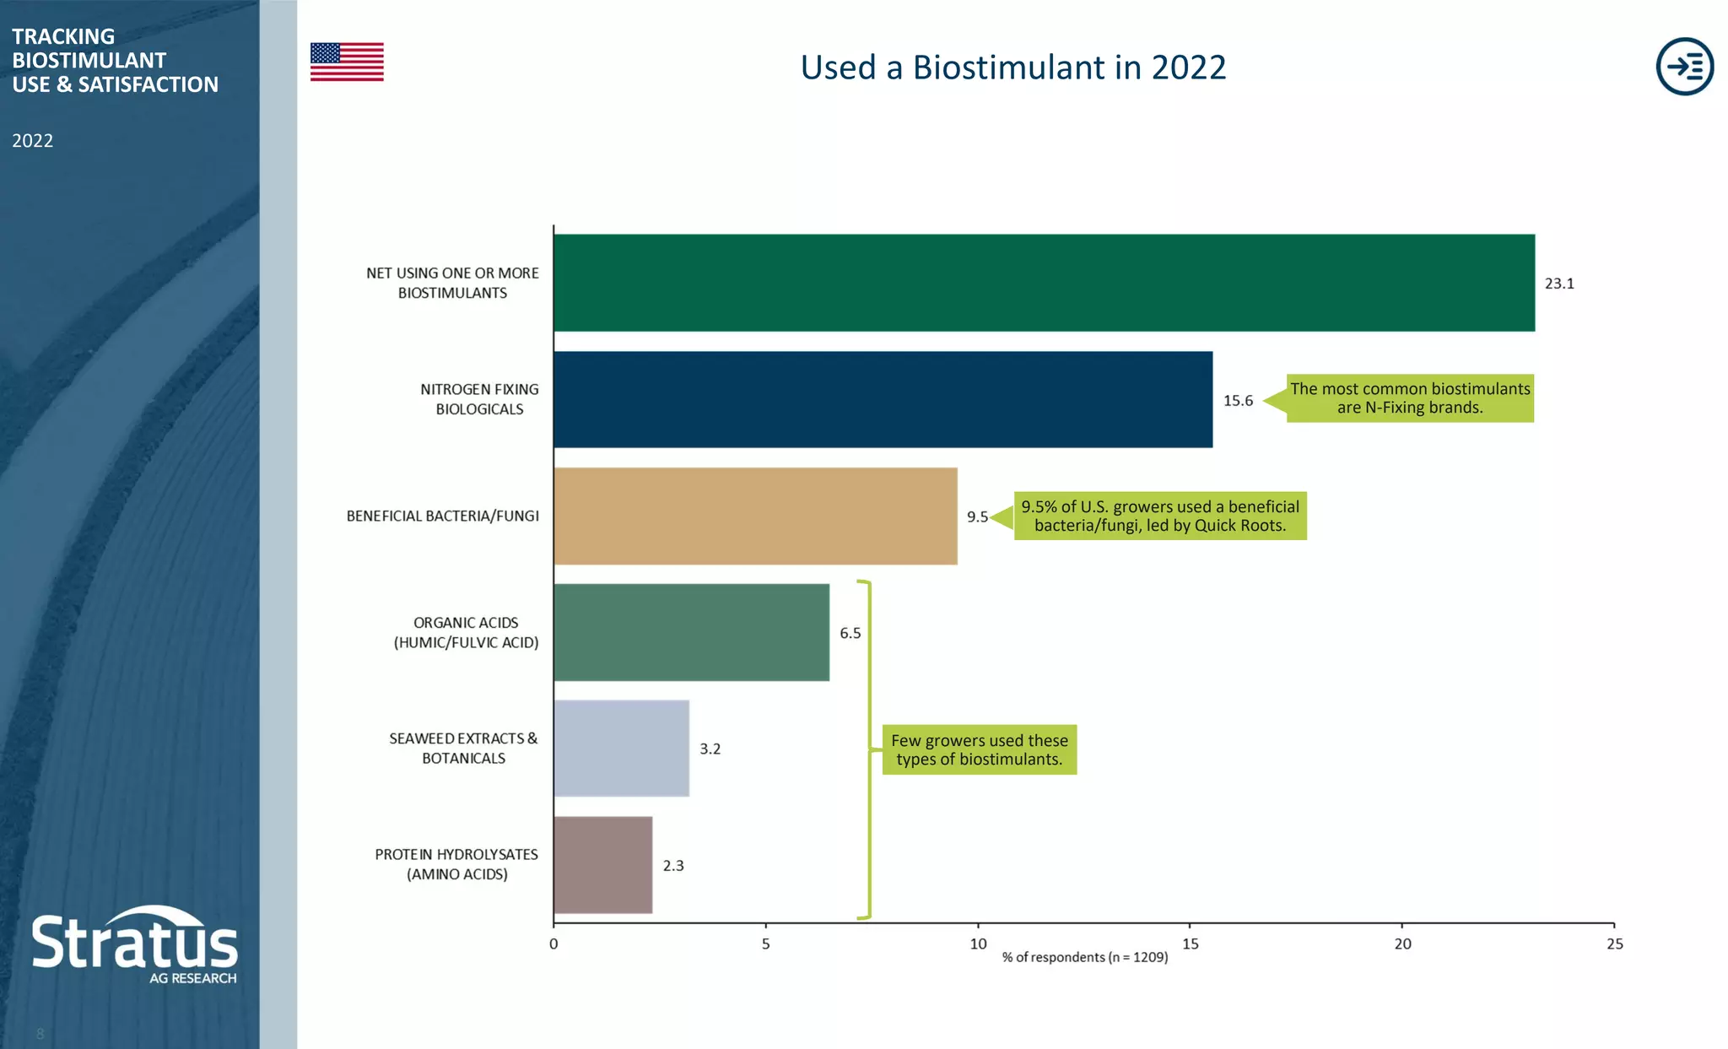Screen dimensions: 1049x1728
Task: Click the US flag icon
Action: [x=347, y=62]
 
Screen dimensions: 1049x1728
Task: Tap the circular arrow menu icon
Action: [x=1684, y=66]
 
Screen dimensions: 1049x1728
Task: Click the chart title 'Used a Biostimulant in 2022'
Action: [x=1012, y=68]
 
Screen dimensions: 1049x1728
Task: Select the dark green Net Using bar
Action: [x=1044, y=283]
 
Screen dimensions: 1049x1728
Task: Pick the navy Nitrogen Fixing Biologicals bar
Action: [x=883, y=399]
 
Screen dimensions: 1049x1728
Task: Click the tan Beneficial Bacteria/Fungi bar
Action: [x=755, y=516]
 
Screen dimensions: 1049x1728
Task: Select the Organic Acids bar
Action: [x=691, y=632]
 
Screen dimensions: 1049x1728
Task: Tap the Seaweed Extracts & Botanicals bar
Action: [x=621, y=749]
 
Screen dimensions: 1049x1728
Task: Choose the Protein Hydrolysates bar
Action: [x=602, y=865]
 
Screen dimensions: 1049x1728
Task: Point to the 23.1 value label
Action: [x=1559, y=284]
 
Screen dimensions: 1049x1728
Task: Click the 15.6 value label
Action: [x=1238, y=401]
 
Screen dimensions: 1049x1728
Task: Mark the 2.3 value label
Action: [x=673, y=866]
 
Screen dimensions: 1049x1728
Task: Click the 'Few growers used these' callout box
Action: [x=979, y=749]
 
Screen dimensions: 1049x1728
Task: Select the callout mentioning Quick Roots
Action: [x=1159, y=516]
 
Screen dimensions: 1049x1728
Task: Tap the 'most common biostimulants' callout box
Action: [x=1409, y=398]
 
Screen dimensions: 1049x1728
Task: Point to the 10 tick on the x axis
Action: [x=978, y=944]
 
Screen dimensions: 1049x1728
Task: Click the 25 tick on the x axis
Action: [x=1614, y=944]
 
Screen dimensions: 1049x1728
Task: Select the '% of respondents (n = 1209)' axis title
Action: [x=1085, y=958]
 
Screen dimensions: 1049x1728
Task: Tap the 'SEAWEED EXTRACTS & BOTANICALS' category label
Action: [x=463, y=749]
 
